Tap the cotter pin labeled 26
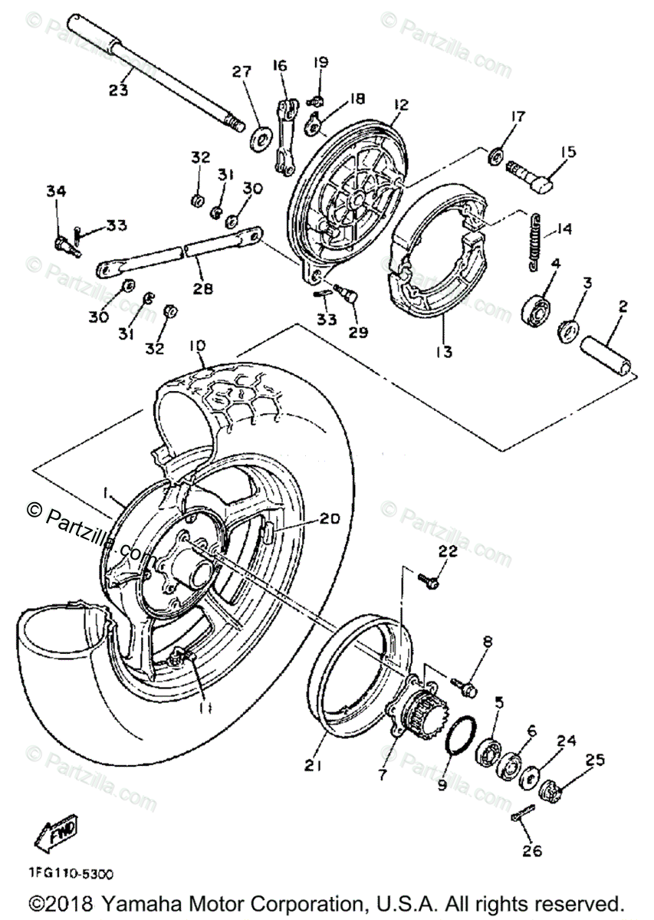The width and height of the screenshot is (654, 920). click(x=521, y=817)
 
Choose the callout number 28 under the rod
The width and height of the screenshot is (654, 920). click(x=203, y=289)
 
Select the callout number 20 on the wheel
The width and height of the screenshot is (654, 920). click(x=328, y=519)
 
